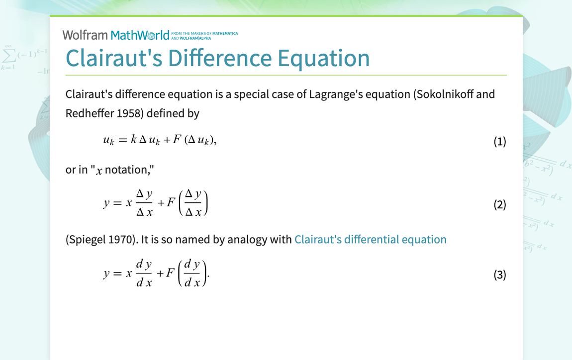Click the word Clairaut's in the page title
point(114,58)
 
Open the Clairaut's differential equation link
point(370,240)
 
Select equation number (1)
point(499,142)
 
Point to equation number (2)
point(499,204)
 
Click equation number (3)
point(499,275)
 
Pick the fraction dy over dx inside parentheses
point(192,274)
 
